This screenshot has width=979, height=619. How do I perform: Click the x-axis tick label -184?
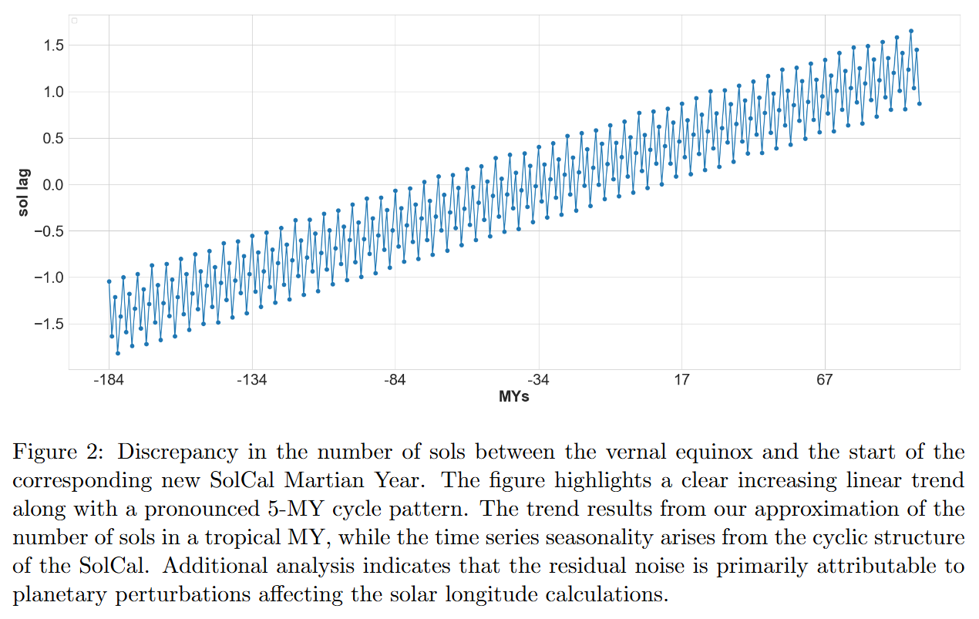tap(109, 380)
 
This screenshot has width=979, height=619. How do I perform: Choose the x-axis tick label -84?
tap(395, 380)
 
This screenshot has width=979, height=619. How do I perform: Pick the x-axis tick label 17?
tap(681, 380)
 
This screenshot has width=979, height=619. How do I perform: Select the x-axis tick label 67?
tap(825, 380)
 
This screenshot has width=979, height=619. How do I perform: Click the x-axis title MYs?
tap(514, 397)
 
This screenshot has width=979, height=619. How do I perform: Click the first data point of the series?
tap(109, 281)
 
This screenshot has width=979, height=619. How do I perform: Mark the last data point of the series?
tap(920, 103)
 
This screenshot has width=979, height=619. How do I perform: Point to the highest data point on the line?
tap(911, 31)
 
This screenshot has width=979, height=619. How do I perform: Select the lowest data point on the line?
tap(118, 353)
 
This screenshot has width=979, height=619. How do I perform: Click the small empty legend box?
tap(75, 20)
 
